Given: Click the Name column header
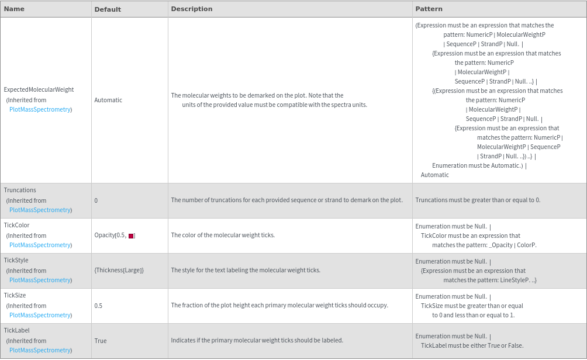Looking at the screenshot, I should click(14, 9).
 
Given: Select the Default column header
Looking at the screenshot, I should click(108, 9).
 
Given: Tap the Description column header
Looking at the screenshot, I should click(192, 9).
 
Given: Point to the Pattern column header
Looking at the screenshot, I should click(429, 9).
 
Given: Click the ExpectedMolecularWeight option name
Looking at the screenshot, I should click(39, 90).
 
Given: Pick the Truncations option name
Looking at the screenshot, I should click(20, 191).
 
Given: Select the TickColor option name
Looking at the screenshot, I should click(16, 226).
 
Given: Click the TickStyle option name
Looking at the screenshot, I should click(16, 261).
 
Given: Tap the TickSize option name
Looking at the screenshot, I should click(15, 296).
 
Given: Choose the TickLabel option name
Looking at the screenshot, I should click(16, 331).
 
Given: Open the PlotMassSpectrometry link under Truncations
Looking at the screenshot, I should click(40, 210).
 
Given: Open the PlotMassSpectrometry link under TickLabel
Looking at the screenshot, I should click(40, 350).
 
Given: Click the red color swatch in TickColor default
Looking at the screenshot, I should click(132, 236).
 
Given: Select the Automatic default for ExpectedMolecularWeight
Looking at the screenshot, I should click(108, 100).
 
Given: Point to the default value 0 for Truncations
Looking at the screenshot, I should click(96, 200).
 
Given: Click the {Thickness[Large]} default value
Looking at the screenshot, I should click(119, 271).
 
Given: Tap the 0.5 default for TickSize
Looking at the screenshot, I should click(98, 306).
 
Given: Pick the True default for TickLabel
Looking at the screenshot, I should click(101, 341).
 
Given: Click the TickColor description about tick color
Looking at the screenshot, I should click(223, 236).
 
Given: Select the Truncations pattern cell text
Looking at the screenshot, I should click(478, 200).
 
